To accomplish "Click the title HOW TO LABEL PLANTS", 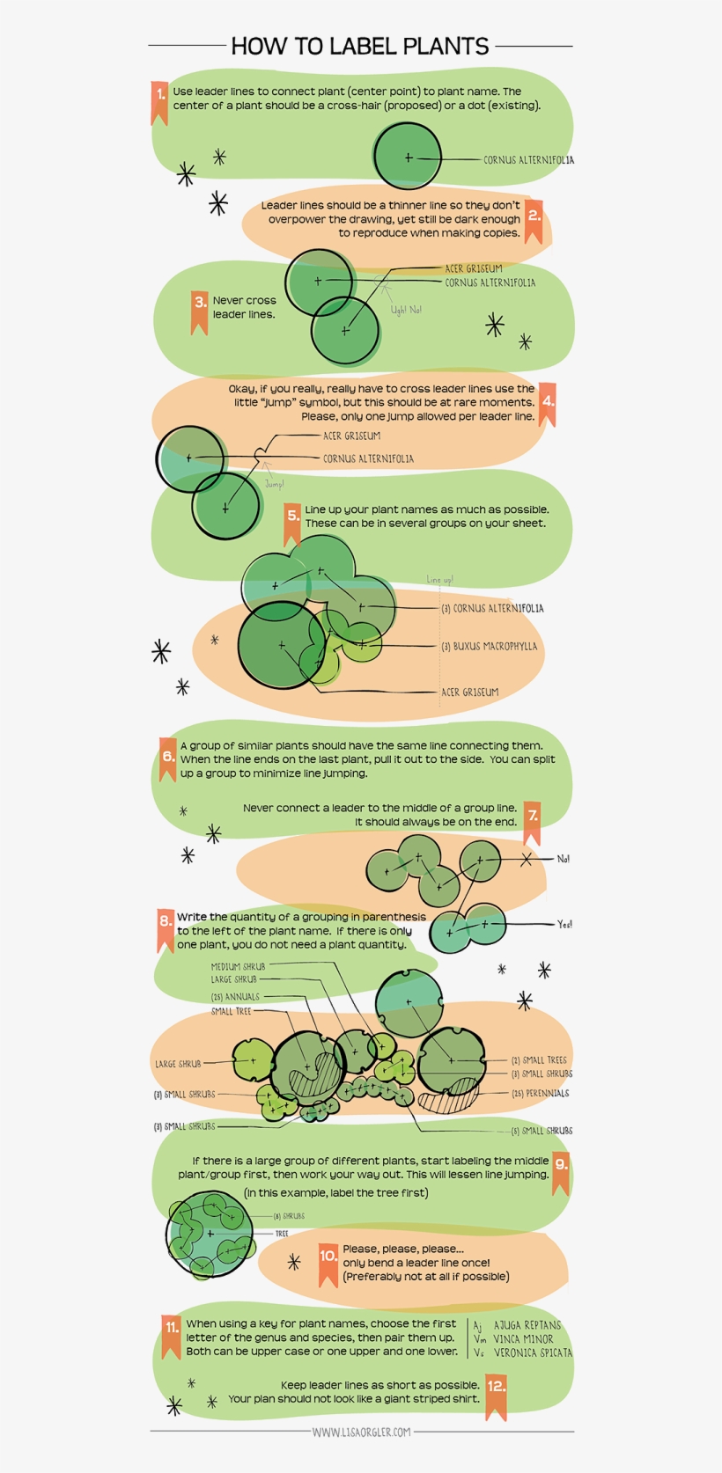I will click(359, 46).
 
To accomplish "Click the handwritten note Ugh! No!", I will click(406, 310).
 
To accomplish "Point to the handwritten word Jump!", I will click(274, 485).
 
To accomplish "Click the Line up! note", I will click(439, 580).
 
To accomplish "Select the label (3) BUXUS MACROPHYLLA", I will click(489, 647).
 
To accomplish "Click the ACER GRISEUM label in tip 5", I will click(469, 693).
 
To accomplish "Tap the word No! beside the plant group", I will click(563, 859).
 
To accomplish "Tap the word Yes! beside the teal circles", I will click(564, 924).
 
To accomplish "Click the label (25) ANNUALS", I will click(235, 997).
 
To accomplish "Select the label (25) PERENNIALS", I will click(541, 1094).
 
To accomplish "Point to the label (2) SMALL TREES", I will click(539, 1060).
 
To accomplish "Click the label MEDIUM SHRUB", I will click(238, 966).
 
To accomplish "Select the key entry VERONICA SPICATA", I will click(532, 1353).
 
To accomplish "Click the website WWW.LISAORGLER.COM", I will click(361, 1432).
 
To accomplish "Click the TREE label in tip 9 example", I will click(282, 1234).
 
